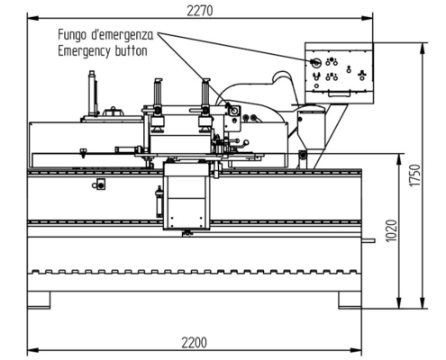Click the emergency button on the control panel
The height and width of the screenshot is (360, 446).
(316, 62)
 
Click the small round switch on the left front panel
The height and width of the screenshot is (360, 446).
(100, 184)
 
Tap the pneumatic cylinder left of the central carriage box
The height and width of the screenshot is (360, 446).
(159, 200)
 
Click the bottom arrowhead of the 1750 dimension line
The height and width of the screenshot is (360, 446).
(423, 306)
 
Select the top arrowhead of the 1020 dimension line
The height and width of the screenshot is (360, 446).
(397, 156)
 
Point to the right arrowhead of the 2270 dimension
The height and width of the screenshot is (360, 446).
(371, 18)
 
